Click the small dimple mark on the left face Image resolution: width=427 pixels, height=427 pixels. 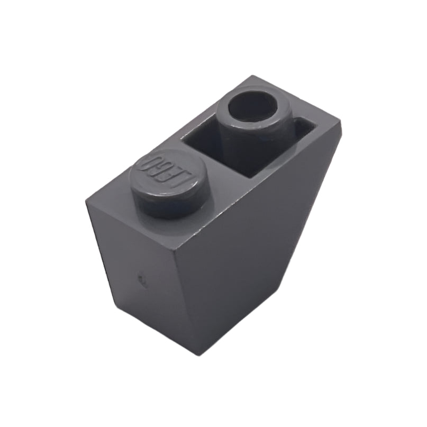[x=141, y=278]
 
